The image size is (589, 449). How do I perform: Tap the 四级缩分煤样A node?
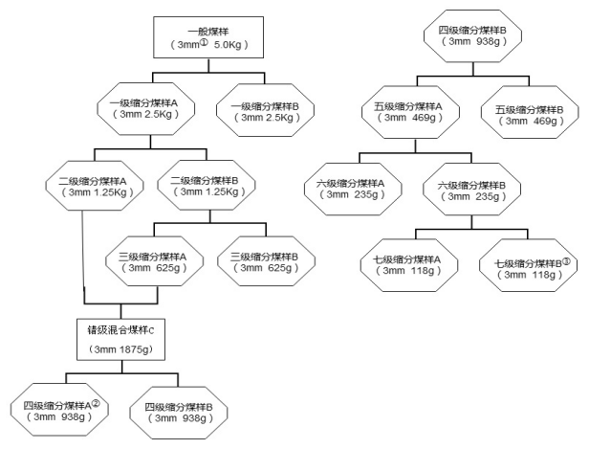click(x=62, y=411)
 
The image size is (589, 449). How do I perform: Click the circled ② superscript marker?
click(x=96, y=402)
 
